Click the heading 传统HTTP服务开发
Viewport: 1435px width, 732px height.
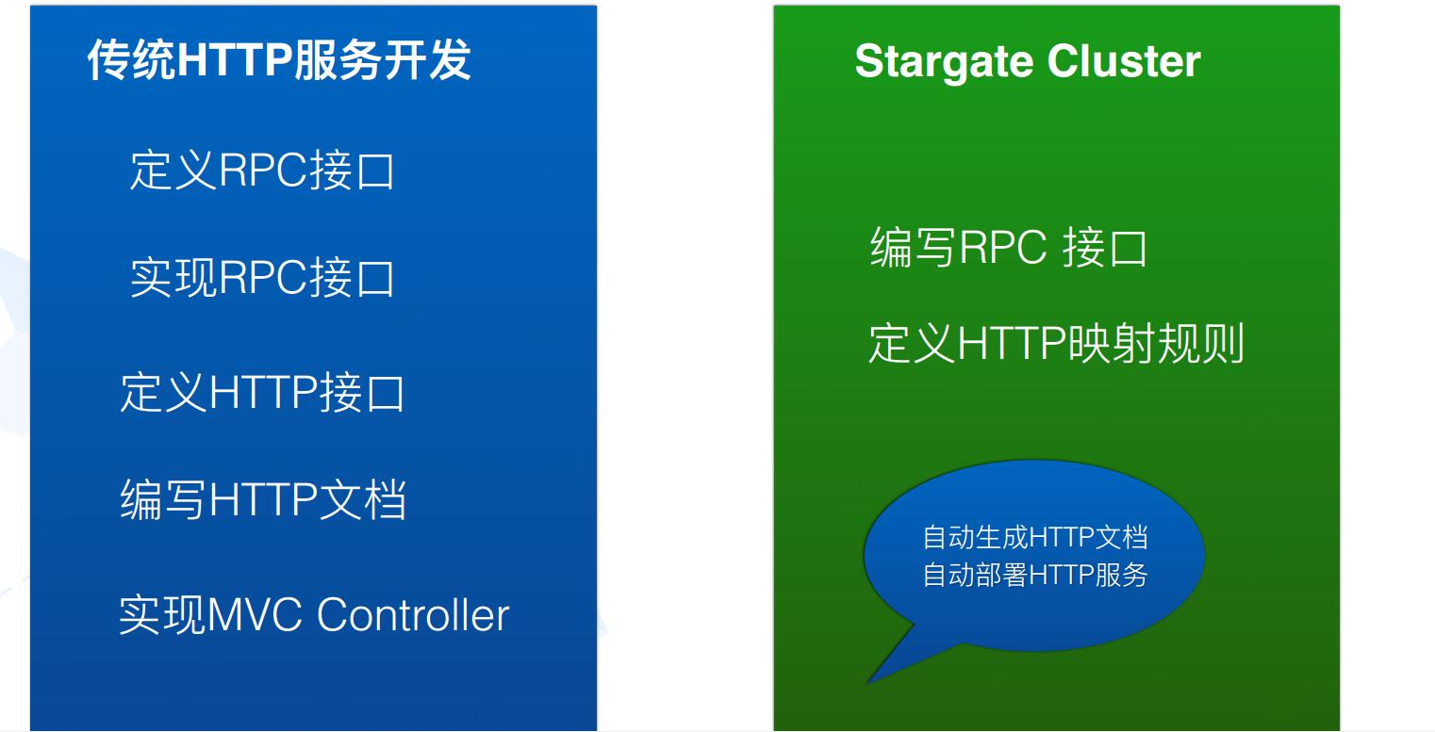pos(279,59)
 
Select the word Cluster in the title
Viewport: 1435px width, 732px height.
pos(1124,61)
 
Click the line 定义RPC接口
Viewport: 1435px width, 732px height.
pos(262,171)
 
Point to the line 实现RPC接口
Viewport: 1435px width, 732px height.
pos(262,278)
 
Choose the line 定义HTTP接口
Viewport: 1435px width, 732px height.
pos(262,392)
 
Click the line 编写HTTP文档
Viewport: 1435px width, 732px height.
pos(263,499)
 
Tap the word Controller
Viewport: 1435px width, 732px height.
pos(413,615)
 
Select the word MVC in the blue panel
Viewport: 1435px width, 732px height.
pos(255,615)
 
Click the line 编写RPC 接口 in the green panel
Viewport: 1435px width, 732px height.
pos(1008,247)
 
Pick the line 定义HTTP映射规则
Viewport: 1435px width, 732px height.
pos(1056,343)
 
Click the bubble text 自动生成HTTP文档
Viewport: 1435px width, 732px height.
pos(1034,537)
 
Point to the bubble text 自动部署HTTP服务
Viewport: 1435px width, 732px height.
pos(1034,575)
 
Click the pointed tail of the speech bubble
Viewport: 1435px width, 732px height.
pos(868,682)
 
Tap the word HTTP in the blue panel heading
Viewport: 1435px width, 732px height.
pos(235,60)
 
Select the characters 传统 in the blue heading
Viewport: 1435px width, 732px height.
pos(131,59)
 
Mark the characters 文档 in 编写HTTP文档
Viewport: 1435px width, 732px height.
pos(362,499)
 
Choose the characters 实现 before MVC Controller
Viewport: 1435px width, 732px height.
pos(163,615)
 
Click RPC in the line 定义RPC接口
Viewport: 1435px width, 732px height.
pos(264,171)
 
